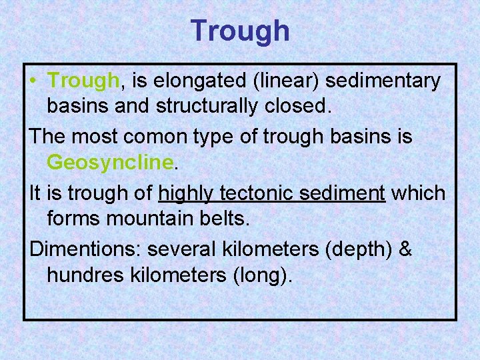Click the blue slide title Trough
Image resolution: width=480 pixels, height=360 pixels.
[240, 31]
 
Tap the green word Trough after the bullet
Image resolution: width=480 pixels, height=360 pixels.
[83, 81]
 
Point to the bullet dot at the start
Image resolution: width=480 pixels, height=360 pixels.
[34, 82]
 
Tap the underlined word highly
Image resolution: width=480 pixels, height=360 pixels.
[187, 193]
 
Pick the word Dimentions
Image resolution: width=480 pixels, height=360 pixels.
[85, 249]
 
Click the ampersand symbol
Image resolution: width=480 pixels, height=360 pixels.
[405, 249]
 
